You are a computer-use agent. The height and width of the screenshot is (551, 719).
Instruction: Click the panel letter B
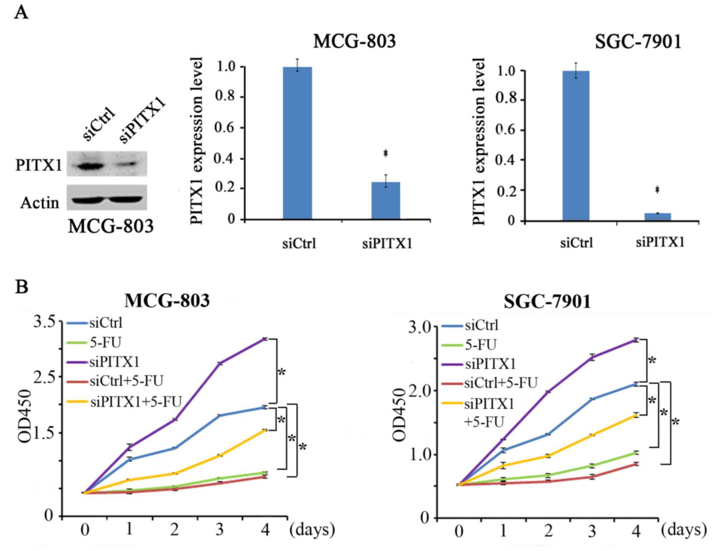coord(21,287)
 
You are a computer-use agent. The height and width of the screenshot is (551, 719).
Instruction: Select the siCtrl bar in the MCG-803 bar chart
coord(297,143)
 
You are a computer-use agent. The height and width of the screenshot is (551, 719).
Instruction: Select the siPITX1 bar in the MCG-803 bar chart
coord(386,200)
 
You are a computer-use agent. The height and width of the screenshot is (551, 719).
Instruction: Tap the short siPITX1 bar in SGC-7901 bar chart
coord(657,217)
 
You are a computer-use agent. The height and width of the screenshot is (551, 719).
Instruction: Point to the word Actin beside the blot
coord(39,203)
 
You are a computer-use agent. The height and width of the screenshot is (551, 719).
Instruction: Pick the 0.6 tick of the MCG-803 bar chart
coord(227,128)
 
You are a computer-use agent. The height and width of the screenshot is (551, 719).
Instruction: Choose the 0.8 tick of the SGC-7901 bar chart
coord(507,98)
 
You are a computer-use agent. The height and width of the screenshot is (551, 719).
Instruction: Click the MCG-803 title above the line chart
coord(167,300)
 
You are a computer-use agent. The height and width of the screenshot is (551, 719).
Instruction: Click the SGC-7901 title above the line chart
coord(547,301)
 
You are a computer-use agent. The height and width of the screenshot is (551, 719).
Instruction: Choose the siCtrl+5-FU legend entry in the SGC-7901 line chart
coord(501,383)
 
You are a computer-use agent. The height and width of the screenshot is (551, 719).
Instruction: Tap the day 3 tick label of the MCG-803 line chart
coord(219,529)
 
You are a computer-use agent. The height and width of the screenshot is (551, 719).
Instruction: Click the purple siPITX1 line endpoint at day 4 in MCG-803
coord(265,339)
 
